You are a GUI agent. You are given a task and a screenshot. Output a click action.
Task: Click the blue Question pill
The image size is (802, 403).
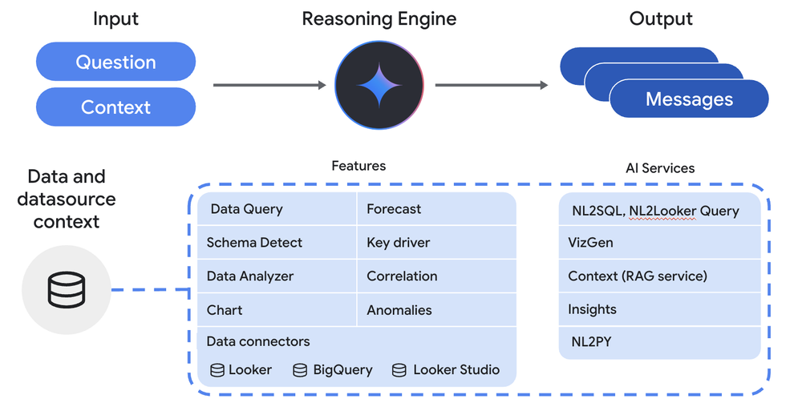(x=115, y=62)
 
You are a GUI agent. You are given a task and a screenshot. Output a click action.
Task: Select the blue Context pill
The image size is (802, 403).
(x=115, y=107)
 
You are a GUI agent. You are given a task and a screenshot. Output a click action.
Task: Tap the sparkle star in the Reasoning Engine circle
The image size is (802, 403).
(x=380, y=85)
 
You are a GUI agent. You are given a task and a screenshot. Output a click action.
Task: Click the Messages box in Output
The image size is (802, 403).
(x=689, y=99)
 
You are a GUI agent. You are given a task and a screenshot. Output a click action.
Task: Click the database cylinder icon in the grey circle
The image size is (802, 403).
(x=66, y=289)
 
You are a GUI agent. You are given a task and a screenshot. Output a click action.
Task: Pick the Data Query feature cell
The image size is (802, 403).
(x=277, y=209)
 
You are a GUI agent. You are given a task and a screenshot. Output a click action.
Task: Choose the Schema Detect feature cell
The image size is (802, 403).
(x=277, y=243)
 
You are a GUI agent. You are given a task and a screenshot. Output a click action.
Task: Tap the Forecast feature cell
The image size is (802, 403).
(x=435, y=209)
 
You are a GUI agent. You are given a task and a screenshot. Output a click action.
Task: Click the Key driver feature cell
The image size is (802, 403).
(x=435, y=243)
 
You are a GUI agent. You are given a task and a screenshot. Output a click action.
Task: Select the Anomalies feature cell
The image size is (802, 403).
(x=435, y=310)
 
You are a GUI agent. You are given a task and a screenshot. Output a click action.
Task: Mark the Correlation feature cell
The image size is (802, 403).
(x=435, y=276)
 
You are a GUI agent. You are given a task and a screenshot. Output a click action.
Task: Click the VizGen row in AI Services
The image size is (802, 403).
(x=658, y=242)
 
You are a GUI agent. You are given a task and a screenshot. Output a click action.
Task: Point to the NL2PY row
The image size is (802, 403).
(x=658, y=342)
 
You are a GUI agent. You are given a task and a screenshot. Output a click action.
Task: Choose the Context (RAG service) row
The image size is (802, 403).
(x=658, y=276)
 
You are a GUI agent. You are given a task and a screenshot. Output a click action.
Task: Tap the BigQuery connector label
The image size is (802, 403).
(x=342, y=370)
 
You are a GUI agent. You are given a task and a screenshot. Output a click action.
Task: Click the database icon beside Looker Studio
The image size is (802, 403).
(x=399, y=370)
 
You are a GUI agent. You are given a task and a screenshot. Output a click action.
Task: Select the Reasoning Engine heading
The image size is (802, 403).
(x=380, y=18)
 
